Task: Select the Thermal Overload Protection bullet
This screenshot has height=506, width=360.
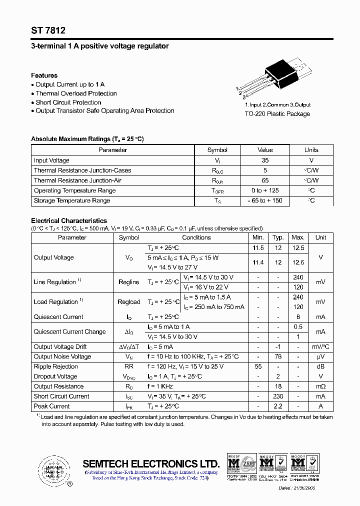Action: pyautogui.click(x=76, y=93)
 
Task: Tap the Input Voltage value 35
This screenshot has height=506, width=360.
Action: pyautogui.click(x=265, y=160)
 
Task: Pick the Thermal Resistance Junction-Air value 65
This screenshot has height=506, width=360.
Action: pyautogui.click(x=265, y=180)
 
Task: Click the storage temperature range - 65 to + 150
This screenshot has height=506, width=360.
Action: pyautogui.click(x=265, y=200)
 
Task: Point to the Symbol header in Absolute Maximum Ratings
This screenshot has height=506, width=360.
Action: pyautogui.click(x=217, y=150)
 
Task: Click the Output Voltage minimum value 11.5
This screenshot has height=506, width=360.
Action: pyautogui.click(x=258, y=248)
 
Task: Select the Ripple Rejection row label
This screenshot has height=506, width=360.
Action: pyautogui.click(x=55, y=366)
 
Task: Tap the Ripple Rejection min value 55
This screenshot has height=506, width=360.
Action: pyautogui.click(x=258, y=366)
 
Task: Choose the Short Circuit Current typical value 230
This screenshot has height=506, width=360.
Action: pyautogui.click(x=278, y=396)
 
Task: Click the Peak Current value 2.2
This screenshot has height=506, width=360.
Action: pyautogui.click(x=278, y=406)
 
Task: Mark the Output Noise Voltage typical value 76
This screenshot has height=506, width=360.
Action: pyautogui.click(x=278, y=356)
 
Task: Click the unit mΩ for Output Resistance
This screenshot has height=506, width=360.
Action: pyautogui.click(x=320, y=386)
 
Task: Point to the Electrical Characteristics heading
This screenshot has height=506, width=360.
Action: pyautogui.click(x=69, y=220)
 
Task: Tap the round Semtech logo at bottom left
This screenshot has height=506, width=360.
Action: pyautogui.click(x=52, y=470)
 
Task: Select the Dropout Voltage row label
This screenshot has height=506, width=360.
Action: pyautogui.click(x=55, y=376)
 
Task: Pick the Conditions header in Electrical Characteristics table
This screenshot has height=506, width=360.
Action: pyautogui.click(x=196, y=238)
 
